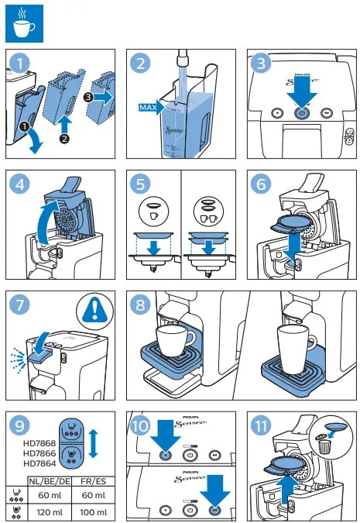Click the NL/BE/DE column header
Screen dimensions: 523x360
[x=53, y=480]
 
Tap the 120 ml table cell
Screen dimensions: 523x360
[x=53, y=512]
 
